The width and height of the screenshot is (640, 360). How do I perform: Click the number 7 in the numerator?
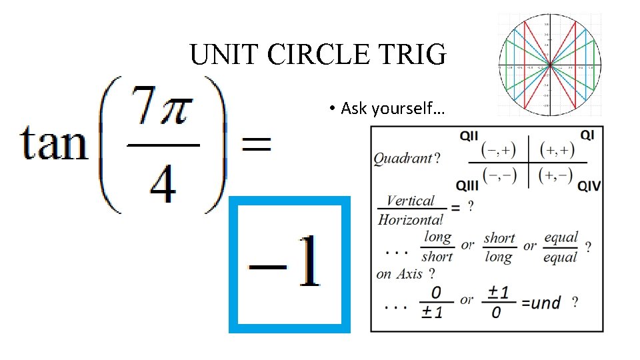(142, 107)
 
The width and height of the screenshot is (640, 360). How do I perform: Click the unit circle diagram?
(549, 64)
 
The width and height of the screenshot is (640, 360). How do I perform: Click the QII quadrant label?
(469, 136)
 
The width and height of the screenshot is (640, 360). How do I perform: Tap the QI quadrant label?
(587, 135)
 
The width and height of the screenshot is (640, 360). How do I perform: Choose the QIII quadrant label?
(468, 185)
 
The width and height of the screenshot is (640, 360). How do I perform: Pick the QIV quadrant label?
(588, 185)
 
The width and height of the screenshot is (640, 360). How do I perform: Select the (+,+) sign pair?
(557, 149)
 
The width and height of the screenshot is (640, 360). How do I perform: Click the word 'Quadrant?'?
(406, 159)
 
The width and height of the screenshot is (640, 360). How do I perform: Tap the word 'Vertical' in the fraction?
(410, 201)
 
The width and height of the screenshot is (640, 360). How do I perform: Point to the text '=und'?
(541, 303)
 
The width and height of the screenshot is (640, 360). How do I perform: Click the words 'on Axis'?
(400, 274)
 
